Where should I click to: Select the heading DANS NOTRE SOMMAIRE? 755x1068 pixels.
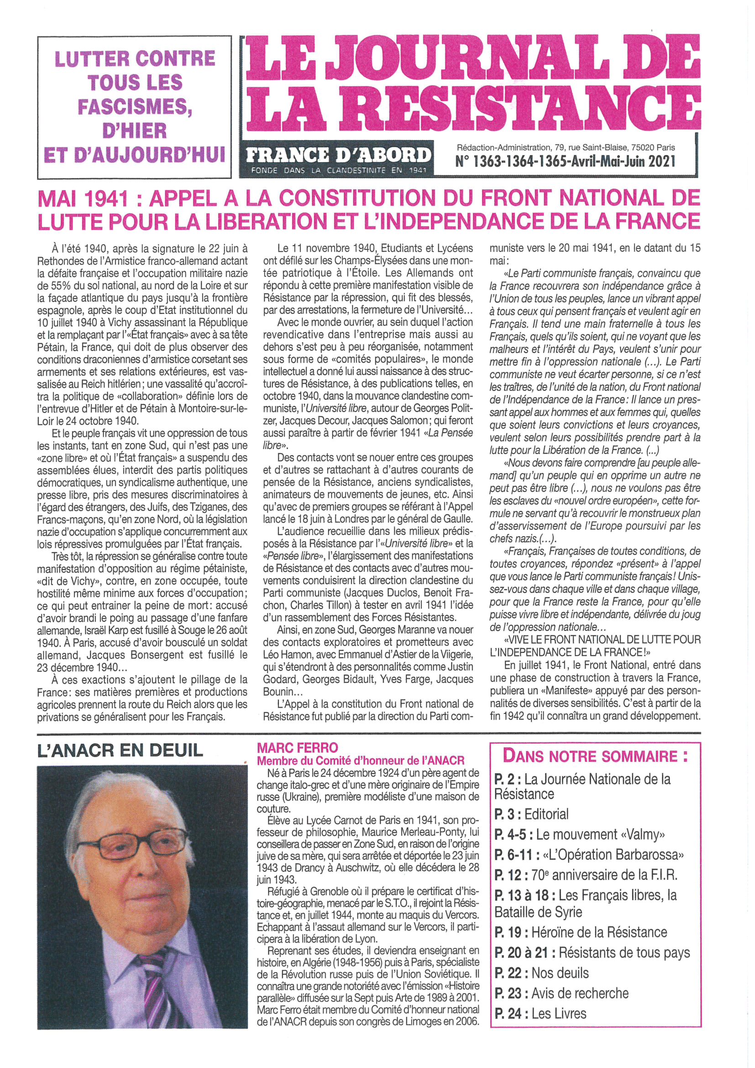click(x=595, y=756)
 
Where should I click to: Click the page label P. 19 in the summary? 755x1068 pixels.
click(x=508, y=932)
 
